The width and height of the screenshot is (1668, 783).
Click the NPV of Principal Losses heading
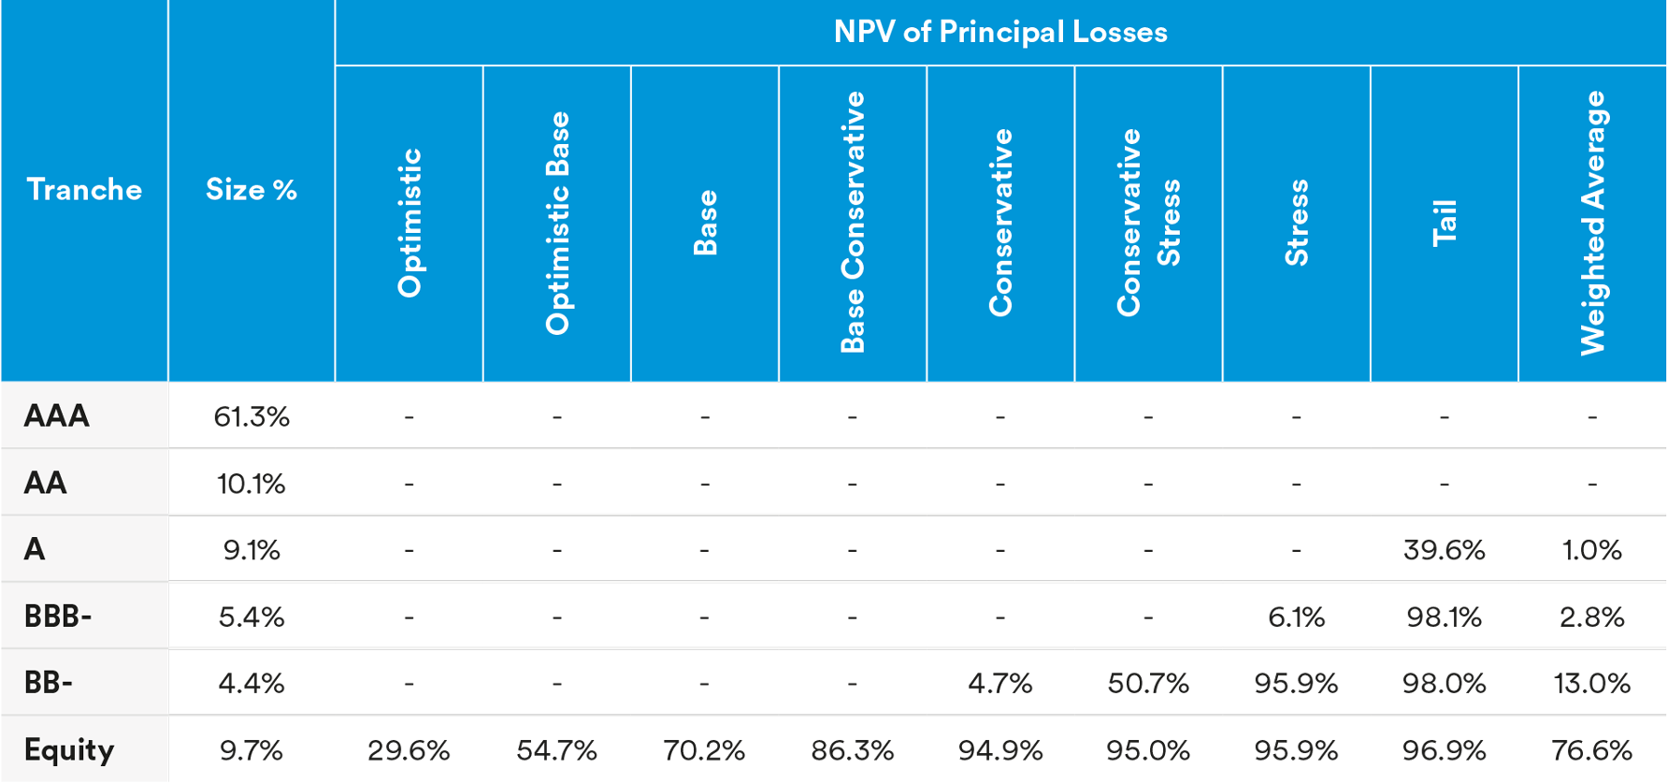coord(999,32)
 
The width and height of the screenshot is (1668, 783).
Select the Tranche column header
coord(84,190)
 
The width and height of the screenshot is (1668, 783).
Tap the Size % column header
coord(251,190)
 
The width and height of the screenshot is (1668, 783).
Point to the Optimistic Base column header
coord(557,223)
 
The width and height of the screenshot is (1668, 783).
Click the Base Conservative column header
coord(853,223)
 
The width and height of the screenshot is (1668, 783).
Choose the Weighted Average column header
coord(1592,223)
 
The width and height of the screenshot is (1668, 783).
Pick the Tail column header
coord(1445,223)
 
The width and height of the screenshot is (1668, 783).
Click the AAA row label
coord(57,415)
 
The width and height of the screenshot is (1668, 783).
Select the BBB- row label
coord(58,616)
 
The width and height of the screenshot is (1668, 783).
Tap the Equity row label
coord(69,749)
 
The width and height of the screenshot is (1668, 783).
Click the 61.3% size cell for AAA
coord(252,416)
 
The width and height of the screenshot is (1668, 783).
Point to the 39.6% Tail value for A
coord(1444,550)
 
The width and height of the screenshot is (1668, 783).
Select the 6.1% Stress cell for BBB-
coord(1296,617)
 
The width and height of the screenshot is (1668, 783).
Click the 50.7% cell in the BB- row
coord(1148,684)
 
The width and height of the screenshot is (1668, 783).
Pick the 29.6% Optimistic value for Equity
coord(409,750)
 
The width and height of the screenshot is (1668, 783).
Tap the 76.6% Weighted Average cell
coord(1591,750)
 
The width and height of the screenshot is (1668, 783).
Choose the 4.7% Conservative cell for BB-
coord(999,684)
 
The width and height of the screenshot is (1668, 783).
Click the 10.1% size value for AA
coord(252,484)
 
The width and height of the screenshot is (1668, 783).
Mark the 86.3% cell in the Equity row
coord(853,750)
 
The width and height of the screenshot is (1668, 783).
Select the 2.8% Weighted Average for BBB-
coord(1591,617)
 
